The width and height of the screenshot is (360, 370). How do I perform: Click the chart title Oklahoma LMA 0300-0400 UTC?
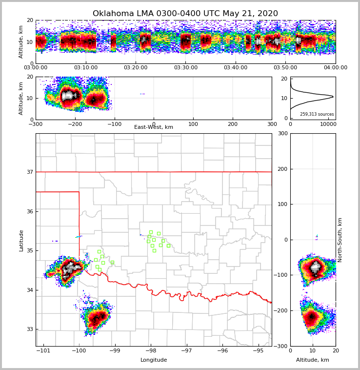[x=185, y=14]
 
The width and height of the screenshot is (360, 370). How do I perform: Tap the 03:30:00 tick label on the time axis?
[x=185, y=68]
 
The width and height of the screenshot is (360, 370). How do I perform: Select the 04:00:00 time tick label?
[x=335, y=68]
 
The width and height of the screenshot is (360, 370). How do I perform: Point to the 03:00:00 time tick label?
[x=36, y=68]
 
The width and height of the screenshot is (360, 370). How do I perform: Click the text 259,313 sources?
[x=317, y=114]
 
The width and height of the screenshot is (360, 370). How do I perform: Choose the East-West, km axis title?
[x=154, y=127]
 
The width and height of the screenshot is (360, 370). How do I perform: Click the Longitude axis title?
[x=154, y=360]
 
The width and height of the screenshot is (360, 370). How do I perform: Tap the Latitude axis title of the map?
[x=21, y=240]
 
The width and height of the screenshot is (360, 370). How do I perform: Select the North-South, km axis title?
[x=340, y=240]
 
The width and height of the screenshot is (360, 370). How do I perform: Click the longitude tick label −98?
[x=151, y=350]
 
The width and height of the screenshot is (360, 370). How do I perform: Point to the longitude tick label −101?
[x=43, y=350]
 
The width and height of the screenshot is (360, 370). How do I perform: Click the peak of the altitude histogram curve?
[x=333, y=96]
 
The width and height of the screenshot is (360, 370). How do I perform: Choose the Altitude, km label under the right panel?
[x=313, y=360]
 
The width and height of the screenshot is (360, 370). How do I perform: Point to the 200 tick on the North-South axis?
[x=282, y=169]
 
